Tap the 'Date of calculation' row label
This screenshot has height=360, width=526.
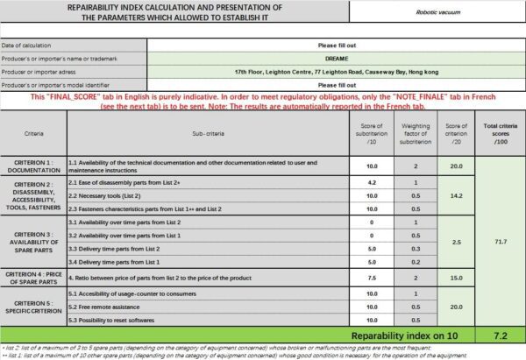tap(26, 45)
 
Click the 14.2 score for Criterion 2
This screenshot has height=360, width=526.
tap(455, 197)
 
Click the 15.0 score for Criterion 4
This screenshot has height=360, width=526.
tap(455, 277)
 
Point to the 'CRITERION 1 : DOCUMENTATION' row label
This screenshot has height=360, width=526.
tap(33, 164)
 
